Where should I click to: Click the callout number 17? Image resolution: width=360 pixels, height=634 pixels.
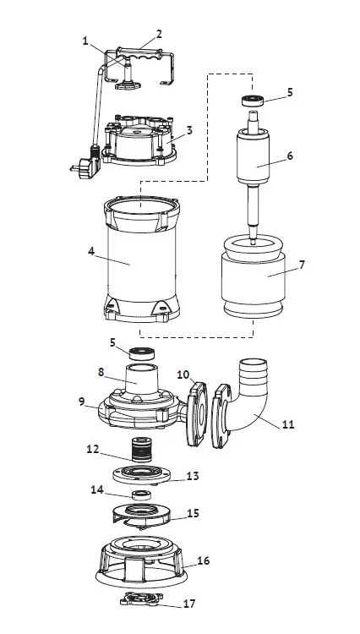189,604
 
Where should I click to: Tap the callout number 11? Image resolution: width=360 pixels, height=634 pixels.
288,424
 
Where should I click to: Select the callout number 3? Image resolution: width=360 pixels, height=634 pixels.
189,130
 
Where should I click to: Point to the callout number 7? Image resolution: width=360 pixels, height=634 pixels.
302,265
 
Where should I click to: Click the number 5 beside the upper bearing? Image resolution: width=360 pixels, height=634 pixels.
290,92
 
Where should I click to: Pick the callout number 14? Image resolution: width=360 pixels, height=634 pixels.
97,489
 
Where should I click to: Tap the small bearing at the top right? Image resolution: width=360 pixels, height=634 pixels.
253,101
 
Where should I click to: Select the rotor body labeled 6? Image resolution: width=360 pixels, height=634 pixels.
253,159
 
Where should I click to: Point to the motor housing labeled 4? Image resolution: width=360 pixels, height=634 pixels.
142,259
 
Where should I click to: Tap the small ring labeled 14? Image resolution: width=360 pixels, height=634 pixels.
141,495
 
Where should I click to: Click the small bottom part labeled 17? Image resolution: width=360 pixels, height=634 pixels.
141,598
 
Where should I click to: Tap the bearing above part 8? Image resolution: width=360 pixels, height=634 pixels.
142,353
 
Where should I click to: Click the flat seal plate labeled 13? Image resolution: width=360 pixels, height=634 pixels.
140,474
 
